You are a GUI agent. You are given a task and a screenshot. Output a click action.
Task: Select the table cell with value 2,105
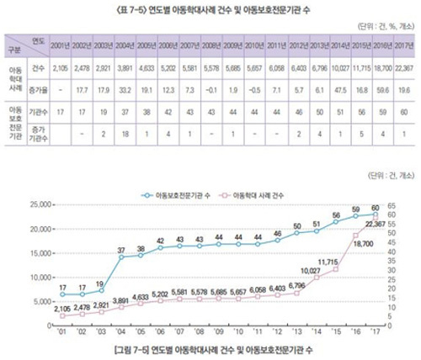point(60,65)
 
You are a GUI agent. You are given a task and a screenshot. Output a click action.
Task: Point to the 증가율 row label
point(36,86)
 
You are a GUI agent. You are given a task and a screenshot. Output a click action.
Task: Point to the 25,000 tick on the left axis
point(35,205)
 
